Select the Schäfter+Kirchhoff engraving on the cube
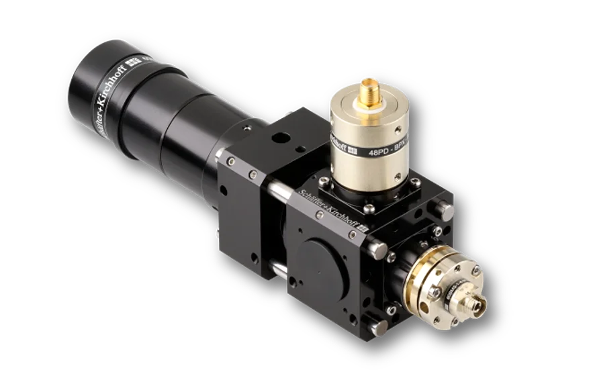pyautogui.click(x=329, y=202)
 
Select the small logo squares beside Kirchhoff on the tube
pyautogui.click(x=136, y=80)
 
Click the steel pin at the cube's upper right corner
pyautogui.click(x=443, y=209)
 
